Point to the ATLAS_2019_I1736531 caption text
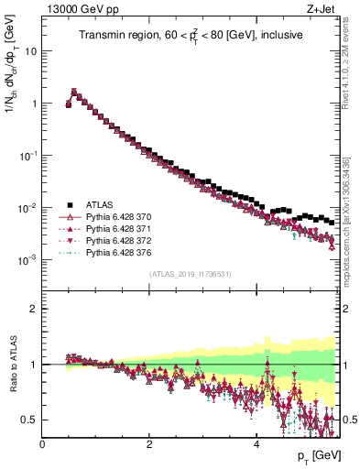190,273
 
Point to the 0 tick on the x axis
42,442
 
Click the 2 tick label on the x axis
149,442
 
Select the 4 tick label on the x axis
256,442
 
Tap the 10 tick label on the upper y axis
30,51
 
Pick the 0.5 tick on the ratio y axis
30,420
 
